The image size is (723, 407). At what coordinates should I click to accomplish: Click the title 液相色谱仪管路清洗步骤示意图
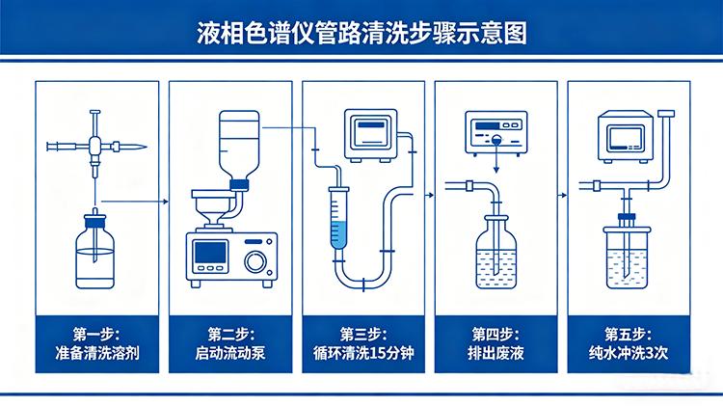coord(361,31)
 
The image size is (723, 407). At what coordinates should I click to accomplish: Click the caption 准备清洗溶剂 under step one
coord(96,353)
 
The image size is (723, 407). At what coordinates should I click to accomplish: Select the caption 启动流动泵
coord(229,353)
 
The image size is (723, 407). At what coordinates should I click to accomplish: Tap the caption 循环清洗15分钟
coord(363,353)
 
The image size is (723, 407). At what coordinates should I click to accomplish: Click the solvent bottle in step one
coord(95,256)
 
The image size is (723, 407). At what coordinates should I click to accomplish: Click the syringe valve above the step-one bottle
coord(96,147)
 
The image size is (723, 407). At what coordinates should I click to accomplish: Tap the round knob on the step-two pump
coord(256,260)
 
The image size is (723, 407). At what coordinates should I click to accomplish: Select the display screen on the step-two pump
coord(209,255)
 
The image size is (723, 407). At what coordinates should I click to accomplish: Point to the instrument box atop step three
coord(370,138)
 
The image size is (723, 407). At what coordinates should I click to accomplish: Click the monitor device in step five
coord(625,135)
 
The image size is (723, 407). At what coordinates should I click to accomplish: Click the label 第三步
coord(363,334)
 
